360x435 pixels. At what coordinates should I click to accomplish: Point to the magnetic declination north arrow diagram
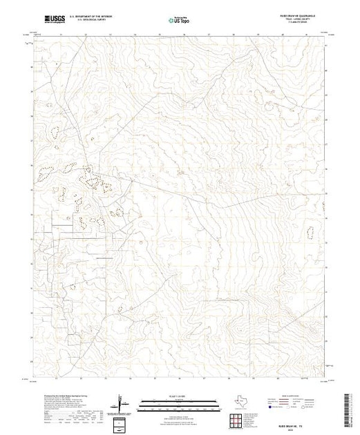click(122, 403)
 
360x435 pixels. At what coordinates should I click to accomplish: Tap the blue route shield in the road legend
click(284, 409)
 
